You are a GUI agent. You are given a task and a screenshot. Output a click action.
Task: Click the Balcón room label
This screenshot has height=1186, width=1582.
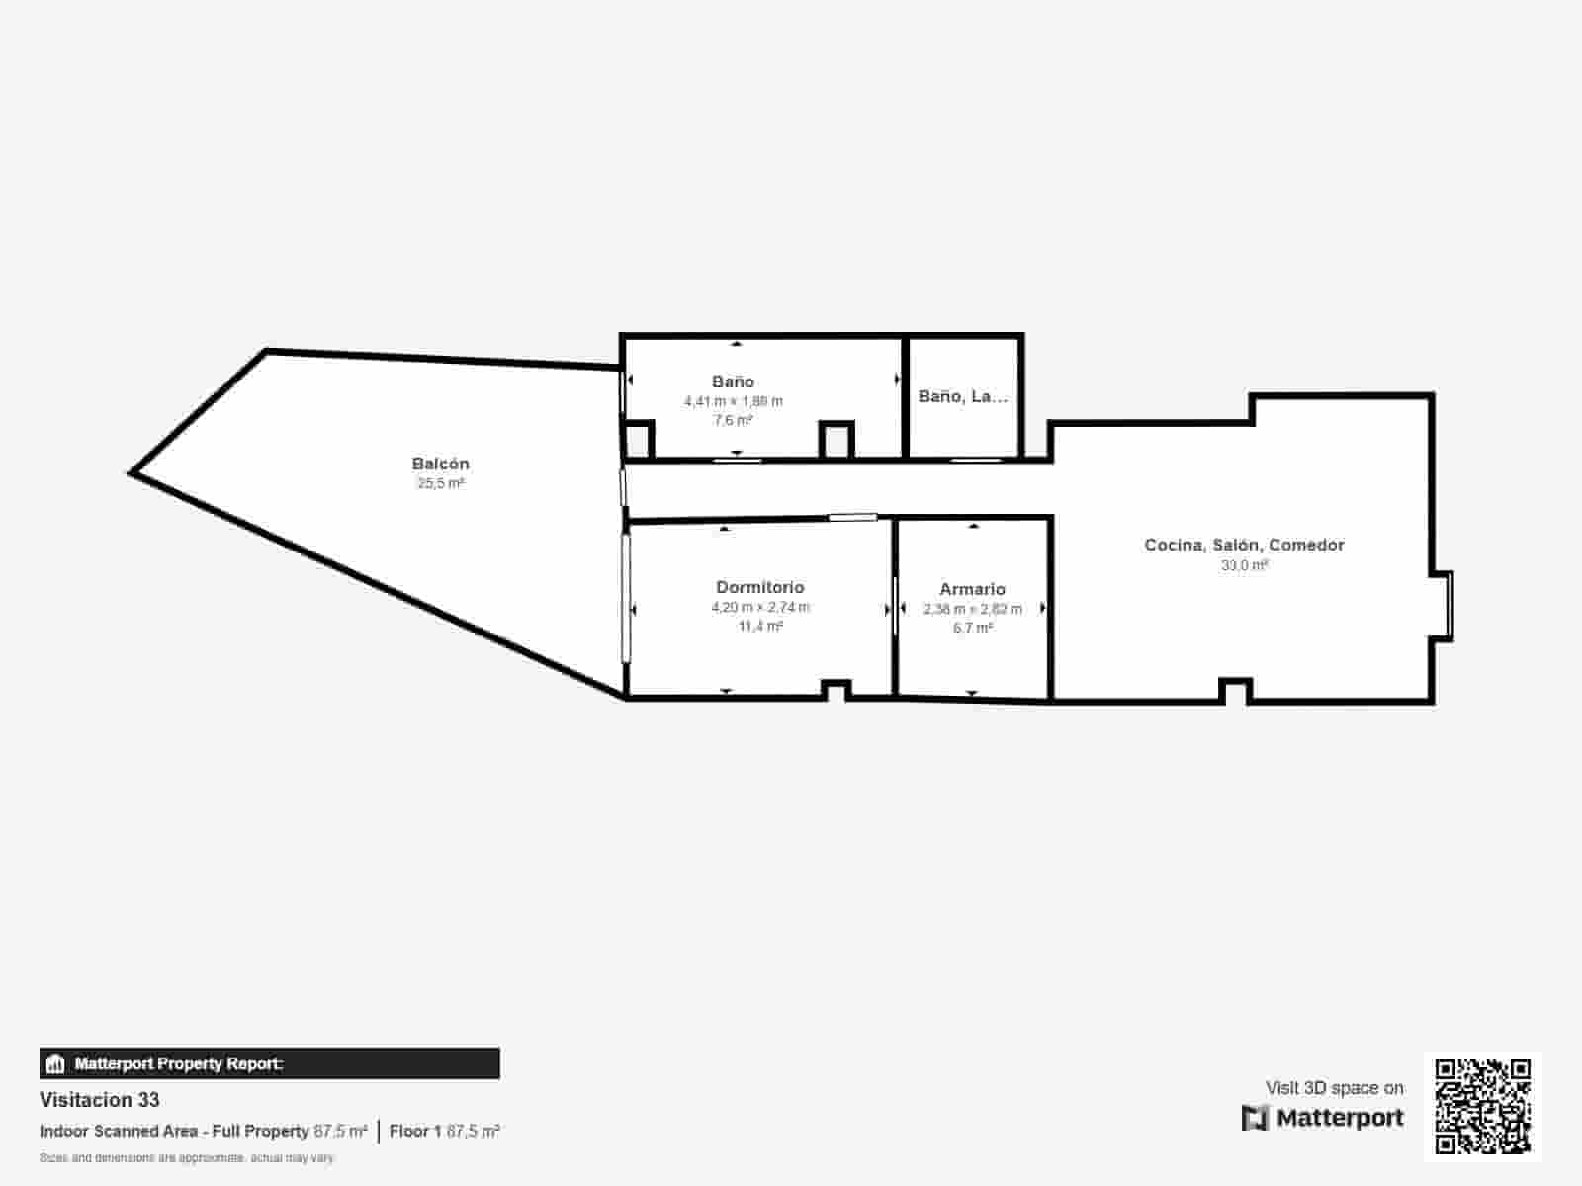click(x=440, y=464)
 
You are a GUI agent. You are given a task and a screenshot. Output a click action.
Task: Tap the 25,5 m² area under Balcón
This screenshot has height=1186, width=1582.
click(x=440, y=484)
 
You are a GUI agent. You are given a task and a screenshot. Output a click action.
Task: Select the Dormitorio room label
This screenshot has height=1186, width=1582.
click(x=759, y=587)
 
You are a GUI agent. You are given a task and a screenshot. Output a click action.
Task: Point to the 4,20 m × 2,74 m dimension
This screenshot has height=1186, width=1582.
click(x=759, y=607)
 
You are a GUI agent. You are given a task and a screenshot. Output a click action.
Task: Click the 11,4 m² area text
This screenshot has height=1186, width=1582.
click(x=759, y=627)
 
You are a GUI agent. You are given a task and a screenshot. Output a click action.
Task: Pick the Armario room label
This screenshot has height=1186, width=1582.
click(x=972, y=589)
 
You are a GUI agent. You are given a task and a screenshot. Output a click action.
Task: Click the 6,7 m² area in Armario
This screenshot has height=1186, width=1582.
click(x=972, y=628)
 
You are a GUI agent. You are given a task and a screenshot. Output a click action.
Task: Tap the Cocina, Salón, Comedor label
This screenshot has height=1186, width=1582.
click(x=1244, y=545)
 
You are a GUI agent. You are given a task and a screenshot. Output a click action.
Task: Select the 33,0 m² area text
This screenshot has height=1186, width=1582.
click(x=1244, y=565)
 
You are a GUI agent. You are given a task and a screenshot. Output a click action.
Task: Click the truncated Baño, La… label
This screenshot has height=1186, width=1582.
click(x=963, y=396)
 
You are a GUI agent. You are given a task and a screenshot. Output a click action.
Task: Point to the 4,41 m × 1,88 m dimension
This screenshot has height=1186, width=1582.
click(x=733, y=401)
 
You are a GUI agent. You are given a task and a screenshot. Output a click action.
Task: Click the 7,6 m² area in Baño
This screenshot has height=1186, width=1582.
click(x=733, y=421)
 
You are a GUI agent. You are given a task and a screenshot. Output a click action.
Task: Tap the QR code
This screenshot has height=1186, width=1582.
click(x=1482, y=1107)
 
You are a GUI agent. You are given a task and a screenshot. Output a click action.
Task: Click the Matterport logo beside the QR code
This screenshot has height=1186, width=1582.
click(x=1322, y=1118)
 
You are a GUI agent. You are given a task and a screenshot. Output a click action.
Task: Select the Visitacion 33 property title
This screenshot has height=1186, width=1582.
click(x=99, y=1100)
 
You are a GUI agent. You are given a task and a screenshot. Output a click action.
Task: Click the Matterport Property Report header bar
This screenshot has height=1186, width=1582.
click(x=269, y=1063)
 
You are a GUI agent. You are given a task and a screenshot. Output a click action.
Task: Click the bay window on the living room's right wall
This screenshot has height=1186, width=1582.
click(x=1445, y=606)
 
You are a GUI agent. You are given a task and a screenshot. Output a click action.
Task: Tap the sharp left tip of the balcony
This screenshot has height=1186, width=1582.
click(x=132, y=473)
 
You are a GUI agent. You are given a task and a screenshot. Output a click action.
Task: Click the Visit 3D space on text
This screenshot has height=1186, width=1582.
click(x=1334, y=1088)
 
